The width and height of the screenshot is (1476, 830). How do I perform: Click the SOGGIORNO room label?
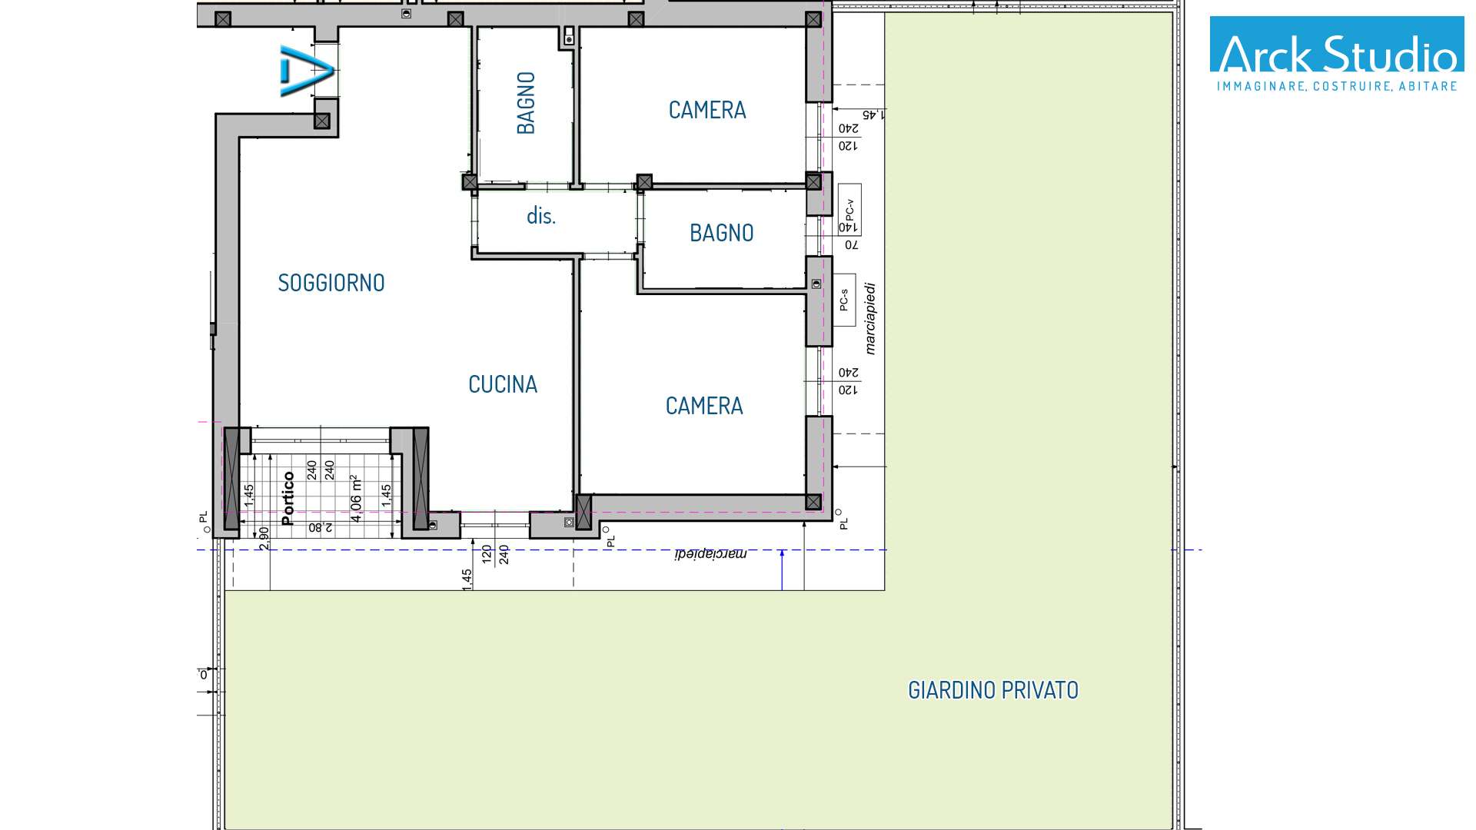click(331, 283)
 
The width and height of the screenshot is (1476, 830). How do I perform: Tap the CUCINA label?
click(503, 384)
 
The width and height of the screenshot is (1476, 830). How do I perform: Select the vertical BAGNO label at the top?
click(526, 103)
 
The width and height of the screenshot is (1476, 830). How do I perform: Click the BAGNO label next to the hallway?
click(721, 233)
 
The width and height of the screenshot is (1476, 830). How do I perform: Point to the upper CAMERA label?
click(707, 110)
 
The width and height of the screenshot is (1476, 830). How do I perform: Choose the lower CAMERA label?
click(704, 406)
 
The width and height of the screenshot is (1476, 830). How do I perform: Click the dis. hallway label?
click(540, 216)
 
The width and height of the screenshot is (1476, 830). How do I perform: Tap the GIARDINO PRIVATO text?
click(993, 690)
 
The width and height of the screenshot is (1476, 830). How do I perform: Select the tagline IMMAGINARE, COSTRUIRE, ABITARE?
click(1337, 86)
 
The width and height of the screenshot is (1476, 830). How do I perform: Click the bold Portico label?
click(288, 498)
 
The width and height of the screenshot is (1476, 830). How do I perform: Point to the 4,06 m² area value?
click(356, 498)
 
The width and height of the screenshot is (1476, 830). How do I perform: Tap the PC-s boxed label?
click(844, 300)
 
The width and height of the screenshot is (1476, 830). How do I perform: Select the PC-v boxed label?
click(849, 210)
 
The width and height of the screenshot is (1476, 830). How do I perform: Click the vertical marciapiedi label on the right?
click(870, 319)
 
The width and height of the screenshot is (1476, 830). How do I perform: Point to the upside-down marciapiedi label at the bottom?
click(711, 553)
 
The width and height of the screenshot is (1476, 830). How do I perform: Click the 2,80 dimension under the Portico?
click(321, 528)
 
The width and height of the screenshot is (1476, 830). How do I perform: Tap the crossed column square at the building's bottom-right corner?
click(813, 502)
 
